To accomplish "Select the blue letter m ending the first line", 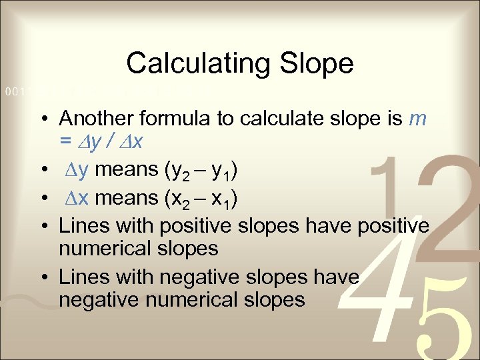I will point(417,119).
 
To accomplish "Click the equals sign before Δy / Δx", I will point(65,142).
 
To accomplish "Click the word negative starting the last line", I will point(100,300).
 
